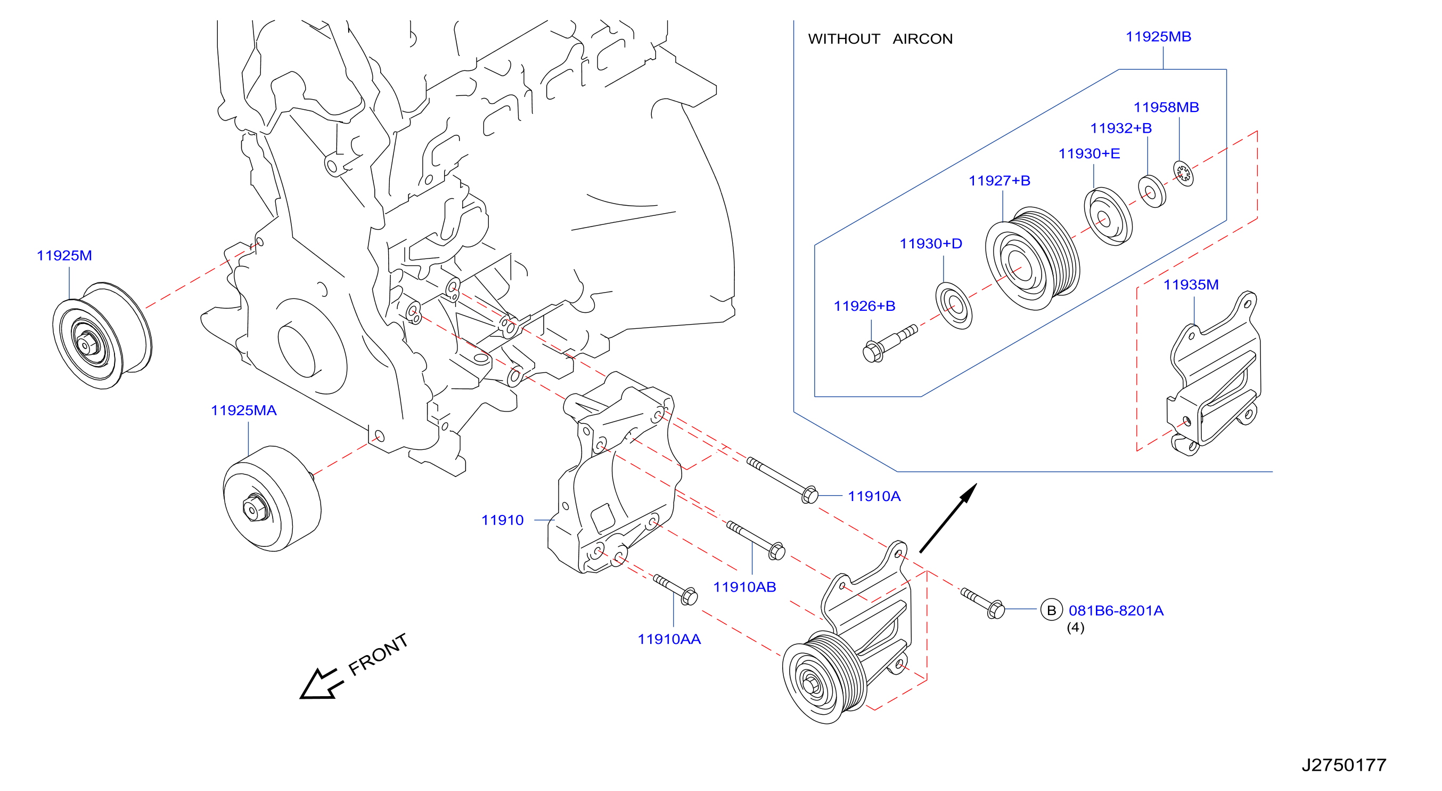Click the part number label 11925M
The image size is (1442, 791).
(x=64, y=255)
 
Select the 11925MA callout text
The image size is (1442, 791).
(x=243, y=410)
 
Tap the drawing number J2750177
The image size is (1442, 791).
(x=1343, y=765)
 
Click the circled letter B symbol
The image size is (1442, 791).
(x=1051, y=610)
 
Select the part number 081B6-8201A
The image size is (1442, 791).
(x=1116, y=611)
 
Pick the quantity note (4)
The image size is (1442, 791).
(x=1075, y=627)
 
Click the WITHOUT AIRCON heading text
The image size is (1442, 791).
(x=880, y=39)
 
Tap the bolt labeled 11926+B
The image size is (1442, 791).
(x=890, y=343)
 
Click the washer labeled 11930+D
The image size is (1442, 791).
(x=954, y=306)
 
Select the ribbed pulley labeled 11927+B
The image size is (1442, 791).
(x=1033, y=259)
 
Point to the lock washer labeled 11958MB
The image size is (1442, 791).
(x=1183, y=173)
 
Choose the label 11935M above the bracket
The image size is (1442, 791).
(x=1191, y=285)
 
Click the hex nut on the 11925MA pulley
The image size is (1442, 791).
(x=255, y=507)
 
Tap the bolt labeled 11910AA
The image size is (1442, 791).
(x=675, y=590)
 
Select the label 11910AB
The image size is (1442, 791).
(x=744, y=587)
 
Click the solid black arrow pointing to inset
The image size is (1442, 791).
(x=948, y=518)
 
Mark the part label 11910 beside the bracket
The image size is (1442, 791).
(x=502, y=520)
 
